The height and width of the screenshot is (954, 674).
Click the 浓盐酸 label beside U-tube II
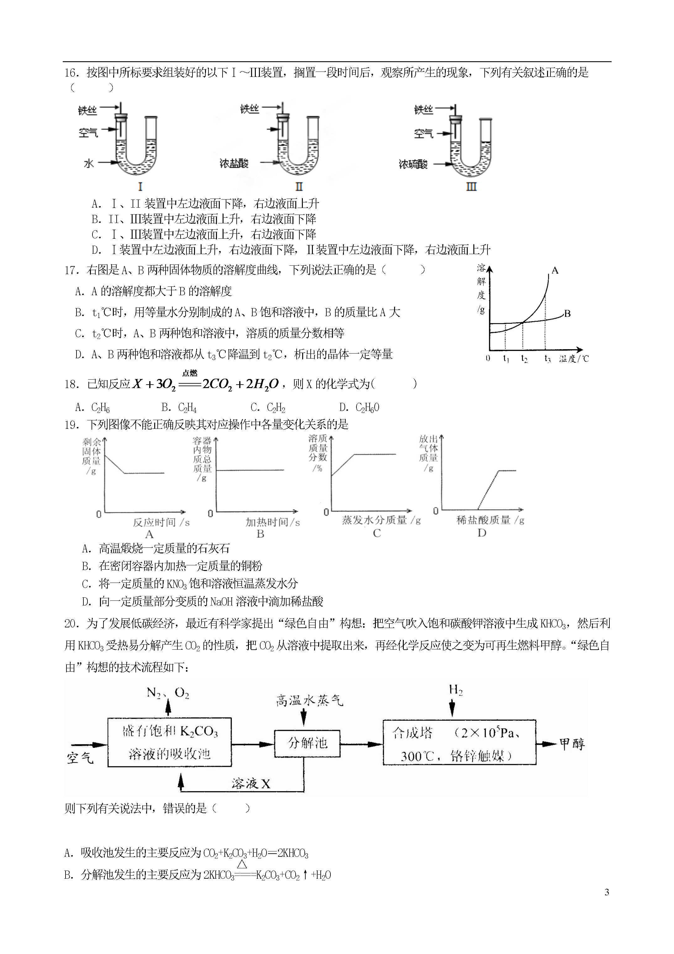(234, 163)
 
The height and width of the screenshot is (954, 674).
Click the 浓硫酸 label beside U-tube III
(413, 164)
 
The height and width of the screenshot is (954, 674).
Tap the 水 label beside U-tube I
(89, 163)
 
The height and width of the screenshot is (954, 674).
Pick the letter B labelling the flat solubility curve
(567, 314)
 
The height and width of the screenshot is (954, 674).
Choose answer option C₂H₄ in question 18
(179, 408)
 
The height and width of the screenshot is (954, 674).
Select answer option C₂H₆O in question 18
(359, 408)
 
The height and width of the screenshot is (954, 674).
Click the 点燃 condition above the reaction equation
(190, 373)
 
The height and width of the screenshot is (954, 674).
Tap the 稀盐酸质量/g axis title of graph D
(490, 520)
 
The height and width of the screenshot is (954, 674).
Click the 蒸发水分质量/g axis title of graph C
(381, 520)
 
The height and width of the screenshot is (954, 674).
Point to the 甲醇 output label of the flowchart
(572, 743)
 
